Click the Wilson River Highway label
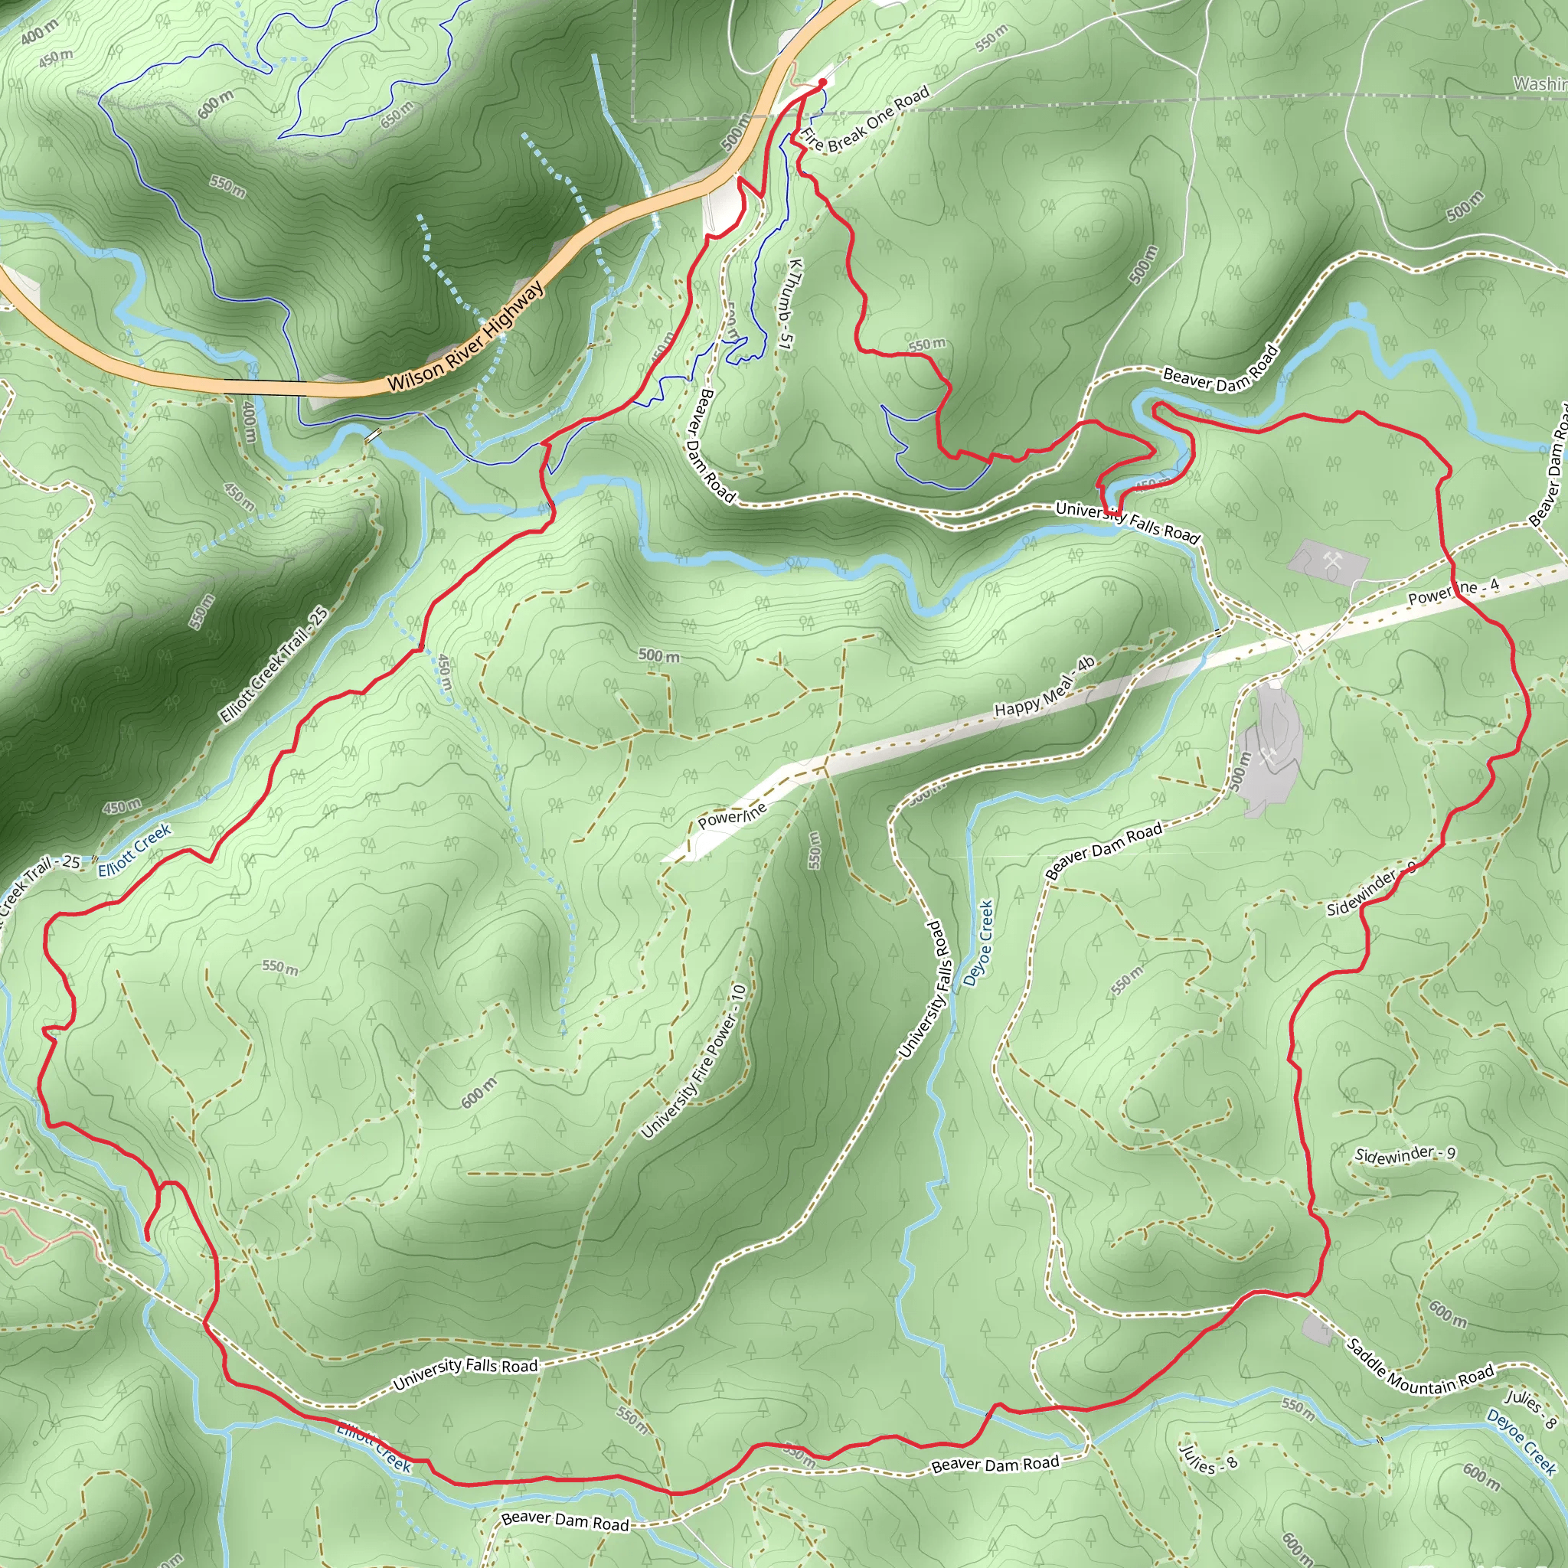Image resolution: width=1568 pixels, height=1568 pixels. point(465,337)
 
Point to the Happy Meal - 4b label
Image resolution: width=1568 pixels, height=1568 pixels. point(1044,687)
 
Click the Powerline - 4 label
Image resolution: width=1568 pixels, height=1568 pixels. point(1452,591)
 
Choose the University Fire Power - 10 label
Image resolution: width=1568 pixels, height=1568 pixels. point(694,1060)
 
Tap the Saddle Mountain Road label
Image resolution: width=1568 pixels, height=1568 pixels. point(1419,1365)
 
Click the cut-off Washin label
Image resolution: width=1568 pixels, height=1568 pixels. point(1540,83)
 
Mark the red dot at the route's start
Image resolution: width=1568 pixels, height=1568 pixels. point(822,82)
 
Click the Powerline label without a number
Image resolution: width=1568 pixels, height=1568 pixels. point(732,815)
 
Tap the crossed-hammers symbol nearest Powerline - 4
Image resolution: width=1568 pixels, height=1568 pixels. point(1330,560)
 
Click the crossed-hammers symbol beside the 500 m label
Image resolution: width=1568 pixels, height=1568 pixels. point(1268,756)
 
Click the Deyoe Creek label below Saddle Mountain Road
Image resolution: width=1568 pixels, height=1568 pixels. point(1520,1442)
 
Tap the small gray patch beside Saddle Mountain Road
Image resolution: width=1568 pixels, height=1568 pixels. point(1315,1329)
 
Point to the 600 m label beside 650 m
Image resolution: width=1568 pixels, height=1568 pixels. point(215,104)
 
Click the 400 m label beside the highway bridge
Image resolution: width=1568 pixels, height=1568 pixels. point(248,423)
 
